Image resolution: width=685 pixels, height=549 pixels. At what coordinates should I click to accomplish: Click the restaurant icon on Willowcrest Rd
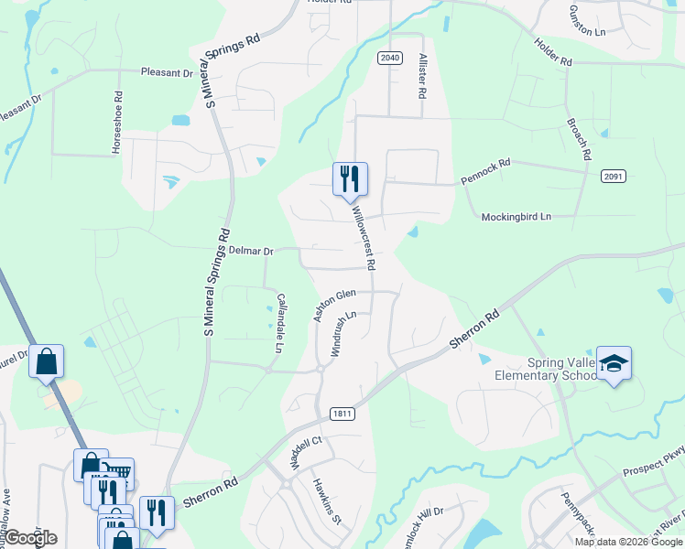click(x=349, y=178)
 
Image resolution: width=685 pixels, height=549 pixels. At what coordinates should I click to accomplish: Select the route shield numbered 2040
click(x=389, y=58)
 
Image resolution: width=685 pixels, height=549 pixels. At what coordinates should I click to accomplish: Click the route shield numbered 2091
click(x=614, y=175)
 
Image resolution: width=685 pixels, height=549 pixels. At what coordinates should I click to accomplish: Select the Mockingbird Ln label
click(x=517, y=217)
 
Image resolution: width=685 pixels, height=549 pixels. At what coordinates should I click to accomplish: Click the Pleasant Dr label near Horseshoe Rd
click(x=167, y=70)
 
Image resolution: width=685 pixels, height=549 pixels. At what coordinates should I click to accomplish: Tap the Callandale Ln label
click(x=281, y=323)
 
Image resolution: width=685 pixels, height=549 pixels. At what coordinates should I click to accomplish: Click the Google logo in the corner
click(x=29, y=538)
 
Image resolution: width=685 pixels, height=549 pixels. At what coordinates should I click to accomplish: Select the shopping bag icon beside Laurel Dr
click(x=47, y=361)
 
